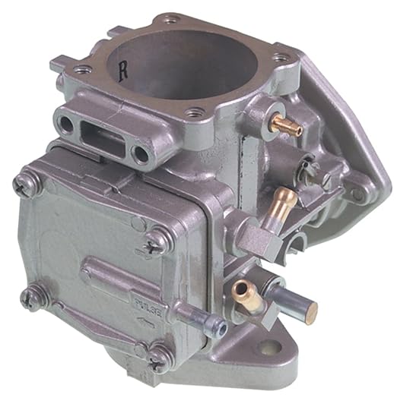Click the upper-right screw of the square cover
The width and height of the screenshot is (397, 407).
156,241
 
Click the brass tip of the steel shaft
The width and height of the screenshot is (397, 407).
310,310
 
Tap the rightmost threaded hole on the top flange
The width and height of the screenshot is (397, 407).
281,57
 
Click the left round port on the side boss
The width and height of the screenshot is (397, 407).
67,125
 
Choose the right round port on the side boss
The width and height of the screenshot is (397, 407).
141,154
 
